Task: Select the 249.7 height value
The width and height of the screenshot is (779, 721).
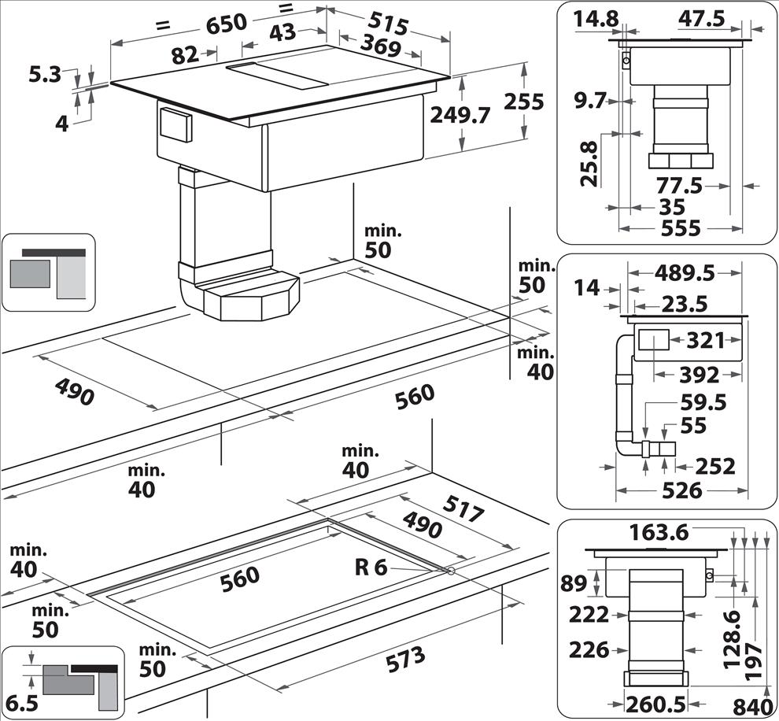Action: click(x=460, y=115)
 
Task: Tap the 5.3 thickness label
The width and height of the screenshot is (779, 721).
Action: click(x=45, y=76)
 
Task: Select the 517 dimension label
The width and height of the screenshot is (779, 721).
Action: click(x=463, y=510)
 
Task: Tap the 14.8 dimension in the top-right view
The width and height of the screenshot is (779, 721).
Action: click(x=596, y=19)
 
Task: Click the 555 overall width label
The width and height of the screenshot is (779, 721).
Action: click(x=680, y=227)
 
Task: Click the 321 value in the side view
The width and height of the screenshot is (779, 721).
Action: click(x=705, y=341)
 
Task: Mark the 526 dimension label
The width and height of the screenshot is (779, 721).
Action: click(x=681, y=490)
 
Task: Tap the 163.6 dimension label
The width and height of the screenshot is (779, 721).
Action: click(x=659, y=532)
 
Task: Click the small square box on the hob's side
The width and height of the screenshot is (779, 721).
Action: click(x=175, y=124)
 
